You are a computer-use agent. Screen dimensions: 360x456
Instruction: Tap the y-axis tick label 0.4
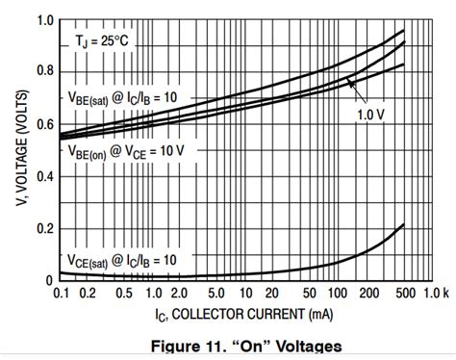click(43, 176)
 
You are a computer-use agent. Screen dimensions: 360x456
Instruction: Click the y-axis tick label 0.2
click(43, 228)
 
